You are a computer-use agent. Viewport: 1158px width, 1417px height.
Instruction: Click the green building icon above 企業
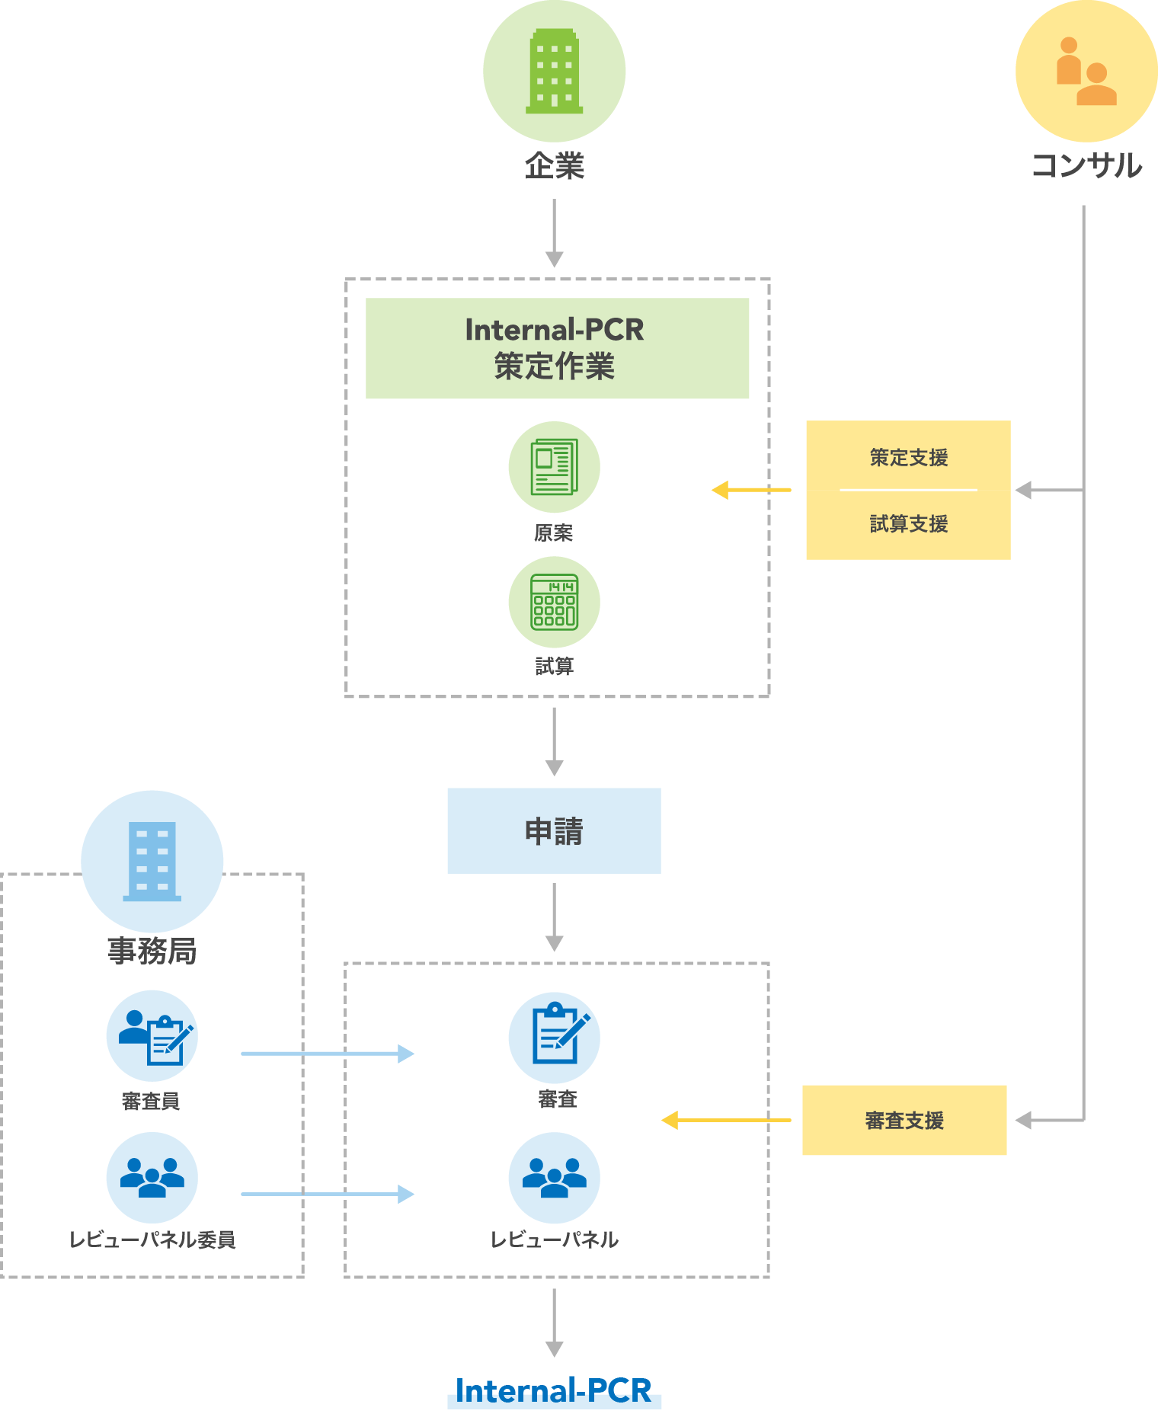coord(554,71)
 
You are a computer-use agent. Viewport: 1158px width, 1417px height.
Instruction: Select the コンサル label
coord(1086,165)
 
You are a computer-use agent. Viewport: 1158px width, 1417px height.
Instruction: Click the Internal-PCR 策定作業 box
coord(557,348)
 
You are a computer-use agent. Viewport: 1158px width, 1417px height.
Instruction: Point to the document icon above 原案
coord(554,466)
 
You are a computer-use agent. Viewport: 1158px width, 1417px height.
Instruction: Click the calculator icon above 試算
coord(554,602)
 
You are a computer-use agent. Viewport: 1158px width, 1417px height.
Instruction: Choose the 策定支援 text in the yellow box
coord(908,457)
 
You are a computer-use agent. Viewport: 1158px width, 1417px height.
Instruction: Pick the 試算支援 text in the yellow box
coord(908,523)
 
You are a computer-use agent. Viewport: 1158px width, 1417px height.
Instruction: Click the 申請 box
coord(554,830)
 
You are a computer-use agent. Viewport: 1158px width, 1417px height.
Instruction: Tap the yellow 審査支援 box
coord(904,1120)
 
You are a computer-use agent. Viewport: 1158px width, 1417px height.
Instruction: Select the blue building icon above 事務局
coord(152,861)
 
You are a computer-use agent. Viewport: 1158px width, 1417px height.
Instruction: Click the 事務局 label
coord(152,951)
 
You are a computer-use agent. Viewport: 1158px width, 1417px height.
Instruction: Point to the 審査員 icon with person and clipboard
coord(152,1036)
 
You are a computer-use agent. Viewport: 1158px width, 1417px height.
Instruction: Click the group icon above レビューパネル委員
coord(152,1177)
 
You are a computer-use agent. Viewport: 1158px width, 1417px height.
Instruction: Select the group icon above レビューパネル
coord(554,1177)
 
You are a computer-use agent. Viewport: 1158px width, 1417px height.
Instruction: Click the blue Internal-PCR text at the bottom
coord(554,1391)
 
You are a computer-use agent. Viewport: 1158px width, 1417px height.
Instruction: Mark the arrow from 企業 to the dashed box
coord(554,232)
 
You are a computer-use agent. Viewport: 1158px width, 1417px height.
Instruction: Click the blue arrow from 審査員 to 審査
coord(328,1054)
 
